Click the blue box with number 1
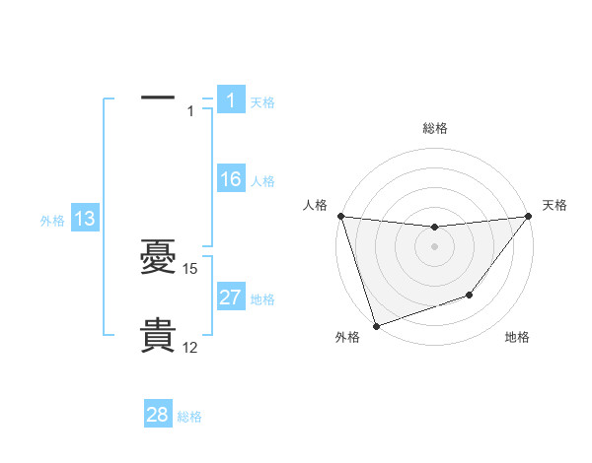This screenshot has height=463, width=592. pos(231,100)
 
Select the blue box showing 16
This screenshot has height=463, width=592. pos(231,179)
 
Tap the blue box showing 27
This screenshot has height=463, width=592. pos(231,298)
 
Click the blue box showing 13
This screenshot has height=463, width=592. pos(85,219)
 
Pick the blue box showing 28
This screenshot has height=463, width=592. pos(158,415)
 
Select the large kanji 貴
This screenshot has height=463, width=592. pos(158,336)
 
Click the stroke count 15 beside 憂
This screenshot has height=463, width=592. pos(190,269)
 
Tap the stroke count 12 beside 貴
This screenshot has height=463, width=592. pos(190,348)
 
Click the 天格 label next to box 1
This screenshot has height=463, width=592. pos(262,101)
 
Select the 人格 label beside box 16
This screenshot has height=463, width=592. pos(262,181)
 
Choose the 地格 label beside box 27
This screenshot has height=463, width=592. pos(262,299)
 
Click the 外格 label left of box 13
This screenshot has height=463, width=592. pos(52,221)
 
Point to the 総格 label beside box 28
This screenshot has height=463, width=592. pos(189,417)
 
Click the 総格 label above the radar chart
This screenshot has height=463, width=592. pos(434,128)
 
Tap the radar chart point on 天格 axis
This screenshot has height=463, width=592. pos(528,216)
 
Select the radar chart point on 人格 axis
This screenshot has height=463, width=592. pos(340,216)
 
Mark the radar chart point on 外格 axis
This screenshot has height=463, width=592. pos(376,325)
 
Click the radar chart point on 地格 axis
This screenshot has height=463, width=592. pos(470,295)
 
